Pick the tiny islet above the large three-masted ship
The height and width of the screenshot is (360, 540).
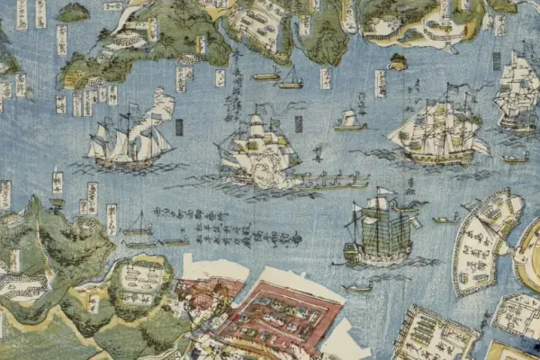398,62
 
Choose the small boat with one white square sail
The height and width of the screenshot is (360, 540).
349,121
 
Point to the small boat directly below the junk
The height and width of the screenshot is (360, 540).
358,288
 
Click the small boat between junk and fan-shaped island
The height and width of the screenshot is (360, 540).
444,219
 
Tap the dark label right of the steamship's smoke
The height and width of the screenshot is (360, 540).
178,127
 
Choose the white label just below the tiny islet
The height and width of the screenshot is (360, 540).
381,84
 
